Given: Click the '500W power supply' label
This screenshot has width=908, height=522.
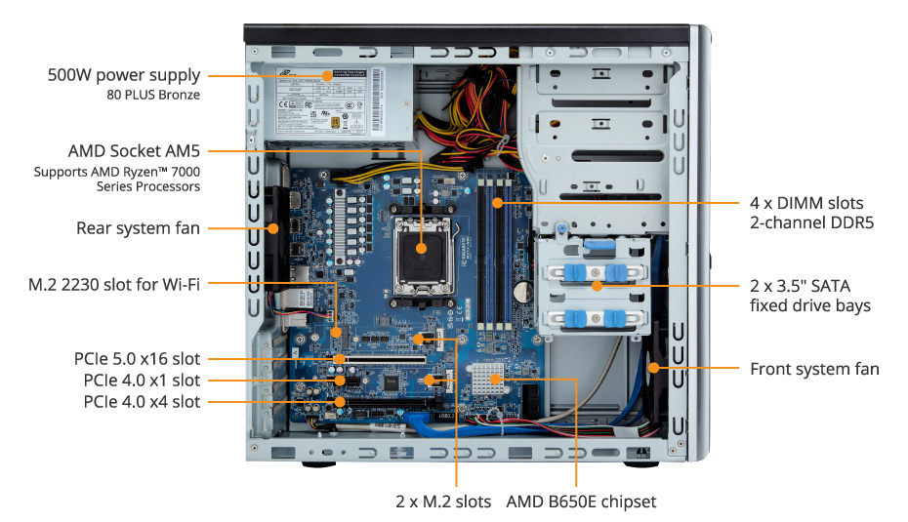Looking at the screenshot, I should pos(124,75).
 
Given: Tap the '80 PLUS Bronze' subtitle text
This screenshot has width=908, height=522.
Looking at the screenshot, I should pos(153,95).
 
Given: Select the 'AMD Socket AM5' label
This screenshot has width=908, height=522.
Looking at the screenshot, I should pos(134,151).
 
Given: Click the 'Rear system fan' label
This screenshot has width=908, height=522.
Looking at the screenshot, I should pos(138,228).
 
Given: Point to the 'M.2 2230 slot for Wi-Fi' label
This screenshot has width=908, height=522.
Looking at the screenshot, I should pos(114,284).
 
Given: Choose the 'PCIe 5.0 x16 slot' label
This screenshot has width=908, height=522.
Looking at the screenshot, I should pos(137,359).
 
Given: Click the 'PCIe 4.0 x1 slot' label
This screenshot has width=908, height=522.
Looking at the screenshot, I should pos(141,380).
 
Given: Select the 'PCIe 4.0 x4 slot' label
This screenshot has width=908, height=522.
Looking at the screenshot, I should pos(142,401).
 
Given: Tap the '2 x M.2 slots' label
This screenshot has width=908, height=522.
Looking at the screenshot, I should pos(442,502).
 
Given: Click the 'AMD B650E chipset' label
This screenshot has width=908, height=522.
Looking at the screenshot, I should pos(581,502).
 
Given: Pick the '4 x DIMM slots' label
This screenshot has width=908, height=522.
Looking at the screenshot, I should pos(806,203).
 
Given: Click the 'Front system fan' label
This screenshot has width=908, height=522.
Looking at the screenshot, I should pos(814,369).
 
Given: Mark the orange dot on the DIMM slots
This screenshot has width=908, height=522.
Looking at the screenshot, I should pos(497,203).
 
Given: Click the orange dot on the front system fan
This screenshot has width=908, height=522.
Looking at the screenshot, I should pos(653,369).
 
